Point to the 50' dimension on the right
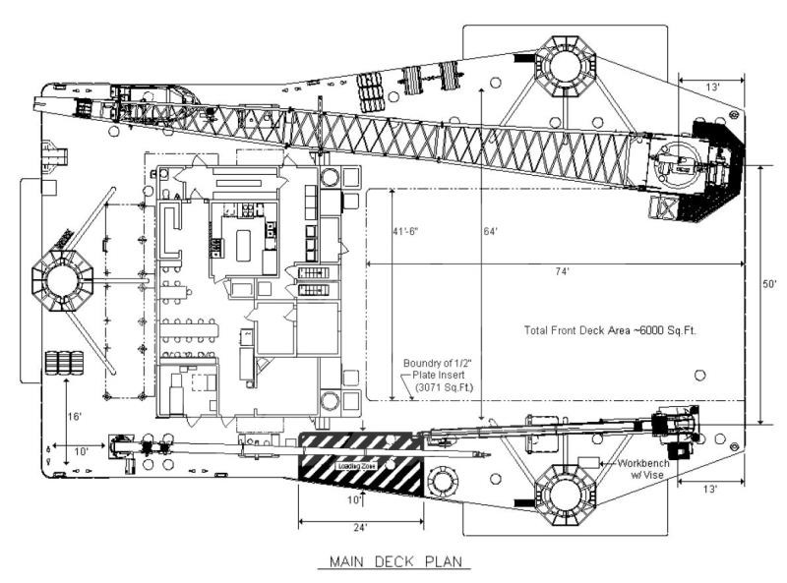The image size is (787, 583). (x=771, y=283)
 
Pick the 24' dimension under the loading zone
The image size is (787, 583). (x=362, y=528)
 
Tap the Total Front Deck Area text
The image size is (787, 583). (x=610, y=330)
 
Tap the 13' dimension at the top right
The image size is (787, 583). (x=711, y=86)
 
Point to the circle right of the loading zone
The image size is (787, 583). (x=442, y=481)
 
